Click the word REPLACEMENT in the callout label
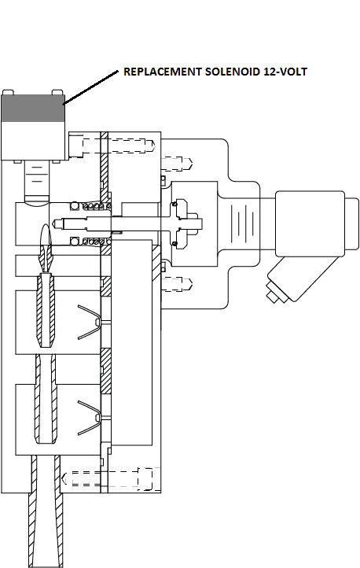point(163,72)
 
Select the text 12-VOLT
point(285,72)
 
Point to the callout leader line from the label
point(91,87)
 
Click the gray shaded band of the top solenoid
point(33,108)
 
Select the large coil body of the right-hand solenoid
point(310,223)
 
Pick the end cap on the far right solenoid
point(351,223)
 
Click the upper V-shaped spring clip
point(89,322)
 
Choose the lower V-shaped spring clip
point(89,417)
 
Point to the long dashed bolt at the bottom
point(108,478)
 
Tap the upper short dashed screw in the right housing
point(178,164)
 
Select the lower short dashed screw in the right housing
point(178,284)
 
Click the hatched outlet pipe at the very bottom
point(46,511)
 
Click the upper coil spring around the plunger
point(97,206)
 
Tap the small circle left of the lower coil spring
point(75,242)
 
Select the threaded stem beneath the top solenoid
point(36,180)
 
